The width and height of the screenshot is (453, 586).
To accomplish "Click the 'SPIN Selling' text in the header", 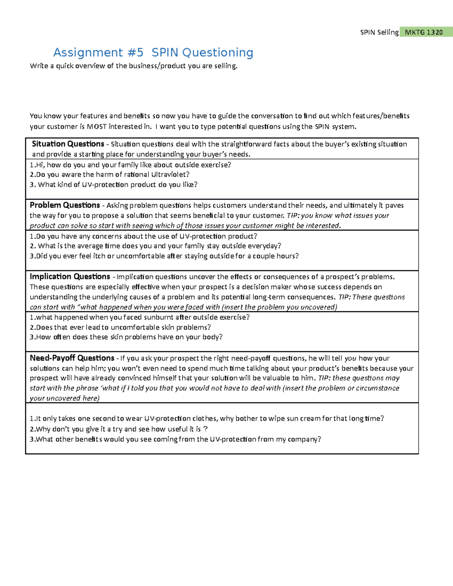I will (379, 32).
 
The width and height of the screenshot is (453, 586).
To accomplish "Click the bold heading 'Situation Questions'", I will (68, 144).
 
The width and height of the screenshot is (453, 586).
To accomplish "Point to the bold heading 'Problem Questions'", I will (65, 205).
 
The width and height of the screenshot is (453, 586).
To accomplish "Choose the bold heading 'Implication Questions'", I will (70, 277).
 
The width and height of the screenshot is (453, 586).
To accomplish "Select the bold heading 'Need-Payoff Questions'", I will (72, 358).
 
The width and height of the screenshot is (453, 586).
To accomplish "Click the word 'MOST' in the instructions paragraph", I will (97, 126).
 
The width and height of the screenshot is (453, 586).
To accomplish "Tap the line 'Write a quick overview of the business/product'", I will (134, 66).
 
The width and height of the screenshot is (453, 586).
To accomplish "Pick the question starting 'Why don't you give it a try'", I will (119, 429).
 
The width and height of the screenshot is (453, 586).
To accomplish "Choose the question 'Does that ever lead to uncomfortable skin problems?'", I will (120, 327).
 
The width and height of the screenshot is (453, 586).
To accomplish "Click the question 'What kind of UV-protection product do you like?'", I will (114, 185).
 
